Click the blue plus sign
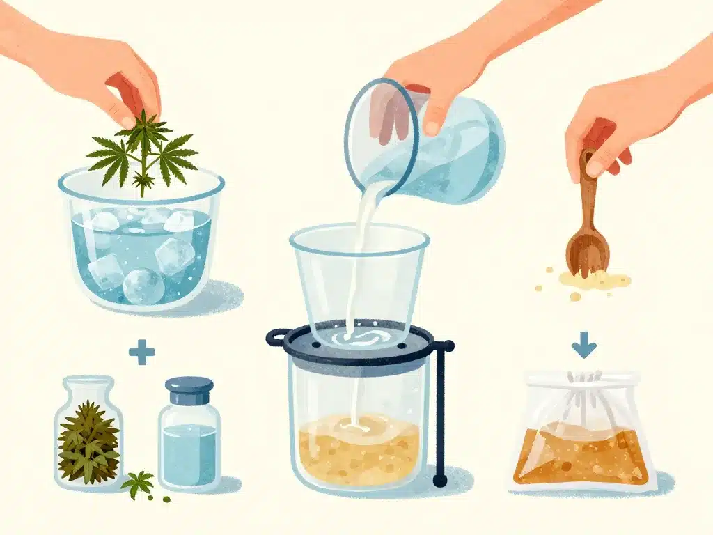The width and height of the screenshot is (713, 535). (x=141, y=352)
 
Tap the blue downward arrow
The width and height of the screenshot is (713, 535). (x=583, y=346)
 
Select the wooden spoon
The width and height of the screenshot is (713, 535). (x=586, y=230)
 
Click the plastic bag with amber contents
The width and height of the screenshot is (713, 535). (x=583, y=439)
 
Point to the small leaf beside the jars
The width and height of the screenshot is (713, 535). (x=138, y=481)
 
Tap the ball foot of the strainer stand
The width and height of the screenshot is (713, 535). (x=439, y=481)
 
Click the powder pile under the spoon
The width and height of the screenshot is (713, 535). (x=592, y=281)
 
